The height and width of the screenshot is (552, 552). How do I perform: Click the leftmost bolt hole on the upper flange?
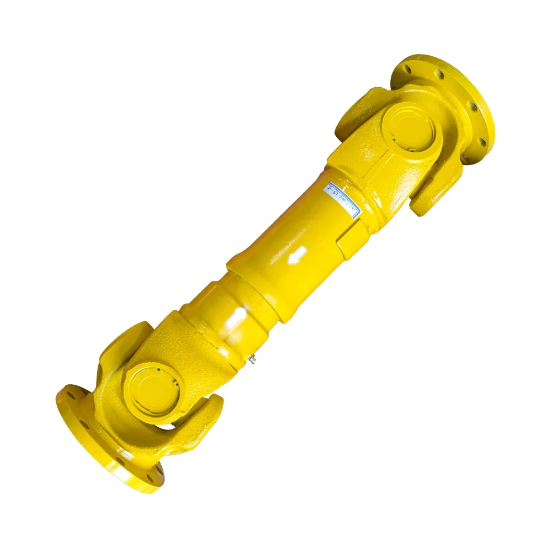[408, 68]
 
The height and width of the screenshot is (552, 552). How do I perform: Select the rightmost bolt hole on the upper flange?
[482, 142]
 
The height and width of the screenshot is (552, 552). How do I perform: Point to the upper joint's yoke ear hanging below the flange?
[436, 190]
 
